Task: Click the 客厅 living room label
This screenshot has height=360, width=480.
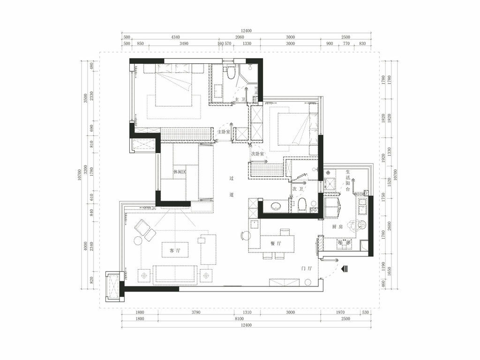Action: pyautogui.click(x=175, y=250)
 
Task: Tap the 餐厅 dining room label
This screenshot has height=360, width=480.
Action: pyautogui.click(x=276, y=244)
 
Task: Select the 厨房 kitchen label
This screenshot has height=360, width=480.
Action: pyautogui.click(x=337, y=227)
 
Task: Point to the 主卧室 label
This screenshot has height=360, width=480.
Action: pyautogui.click(x=224, y=132)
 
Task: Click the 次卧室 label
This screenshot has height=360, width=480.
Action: pyautogui.click(x=257, y=154)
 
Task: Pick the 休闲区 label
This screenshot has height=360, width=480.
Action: pyautogui.click(x=180, y=172)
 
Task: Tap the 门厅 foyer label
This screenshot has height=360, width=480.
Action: pyautogui.click(x=307, y=269)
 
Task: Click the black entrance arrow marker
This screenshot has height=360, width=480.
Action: pyautogui.click(x=345, y=269)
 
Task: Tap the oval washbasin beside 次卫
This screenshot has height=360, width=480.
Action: pyautogui.click(x=277, y=206)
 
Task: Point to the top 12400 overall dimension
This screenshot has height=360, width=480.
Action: pyautogui.click(x=246, y=30)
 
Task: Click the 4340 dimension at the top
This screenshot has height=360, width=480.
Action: pyautogui.click(x=175, y=37)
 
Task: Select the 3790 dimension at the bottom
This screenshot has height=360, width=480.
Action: pyautogui.click(x=196, y=312)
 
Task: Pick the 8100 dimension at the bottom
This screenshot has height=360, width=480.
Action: pyautogui.click(x=240, y=319)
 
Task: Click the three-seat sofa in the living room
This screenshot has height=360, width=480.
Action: pyautogui.click(x=175, y=274)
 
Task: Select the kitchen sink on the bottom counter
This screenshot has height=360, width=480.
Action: pyautogui.click(x=344, y=243)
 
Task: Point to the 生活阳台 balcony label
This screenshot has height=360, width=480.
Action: pyautogui.click(x=348, y=180)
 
